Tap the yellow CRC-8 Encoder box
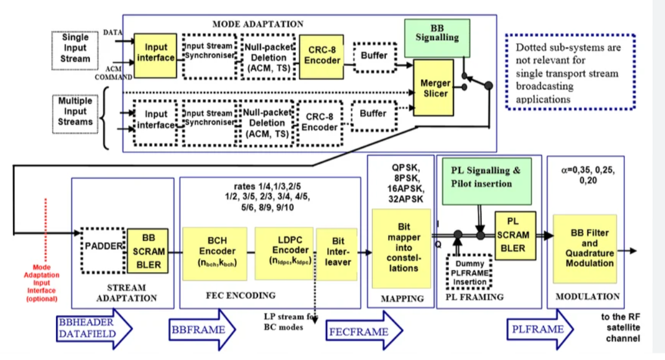click(x=322, y=55)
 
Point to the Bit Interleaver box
click(x=338, y=252)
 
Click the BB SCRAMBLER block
click(x=148, y=253)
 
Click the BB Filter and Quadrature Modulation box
click(x=585, y=248)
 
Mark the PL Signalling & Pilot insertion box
click(x=485, y=177)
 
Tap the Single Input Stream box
click(x=75, y=48)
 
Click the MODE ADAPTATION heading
click(x=257, y=24)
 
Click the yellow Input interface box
click(x=155, y=53)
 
